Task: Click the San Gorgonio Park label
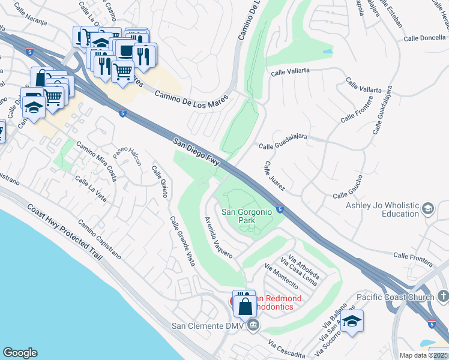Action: pos(247,216)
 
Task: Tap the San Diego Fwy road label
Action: pos(197,151)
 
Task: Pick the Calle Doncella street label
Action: pos(424,38)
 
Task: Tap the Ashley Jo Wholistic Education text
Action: pos(382,209)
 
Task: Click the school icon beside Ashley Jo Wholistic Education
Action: pos(428,209)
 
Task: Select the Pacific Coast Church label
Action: pos(395,297)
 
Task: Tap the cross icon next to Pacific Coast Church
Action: pos(443,296)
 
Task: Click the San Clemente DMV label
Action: pos(208,326)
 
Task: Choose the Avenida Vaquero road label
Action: pos(218,238)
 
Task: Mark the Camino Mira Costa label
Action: pos(96,162)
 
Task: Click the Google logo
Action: pos(20,353)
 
